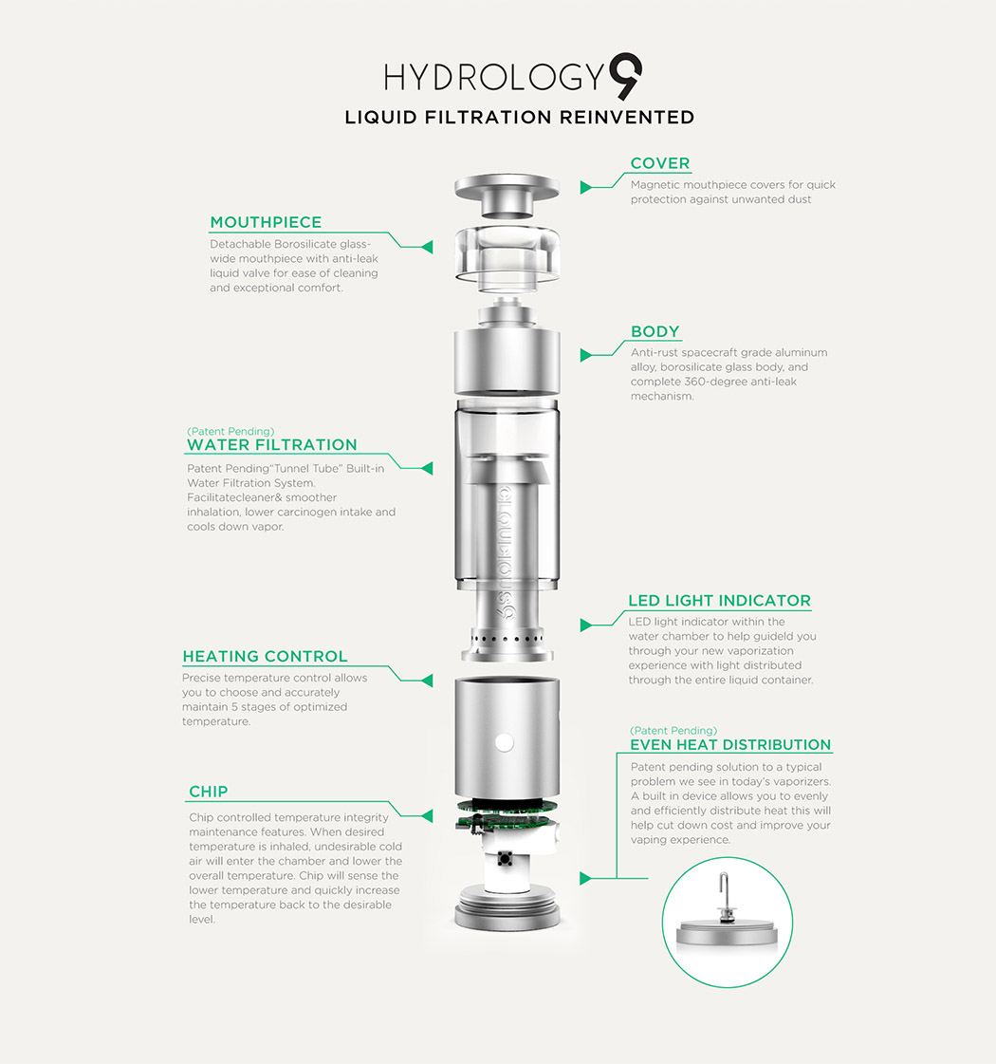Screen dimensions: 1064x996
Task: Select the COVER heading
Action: tap(660, 163)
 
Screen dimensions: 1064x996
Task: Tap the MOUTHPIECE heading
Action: tap(266, 222)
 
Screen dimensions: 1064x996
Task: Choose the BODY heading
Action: tap(655, 331)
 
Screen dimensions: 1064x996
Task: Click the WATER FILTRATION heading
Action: tap(272, 444)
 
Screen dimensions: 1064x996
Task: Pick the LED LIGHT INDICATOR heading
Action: tap(720, 600)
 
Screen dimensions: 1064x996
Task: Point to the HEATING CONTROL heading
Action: tap(265, 656)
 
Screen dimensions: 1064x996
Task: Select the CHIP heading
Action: tap(208, 792)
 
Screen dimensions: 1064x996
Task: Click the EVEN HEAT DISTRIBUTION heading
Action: tap(730, 745)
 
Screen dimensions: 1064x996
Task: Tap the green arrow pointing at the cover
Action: tap(585, 188)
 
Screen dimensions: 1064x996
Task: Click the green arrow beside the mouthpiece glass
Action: tap(427, 247)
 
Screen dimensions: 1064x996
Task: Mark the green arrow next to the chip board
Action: tap(427, 813)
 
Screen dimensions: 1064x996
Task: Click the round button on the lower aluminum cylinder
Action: tap(505, 741)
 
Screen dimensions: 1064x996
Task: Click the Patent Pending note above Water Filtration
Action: tap(231, 431)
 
